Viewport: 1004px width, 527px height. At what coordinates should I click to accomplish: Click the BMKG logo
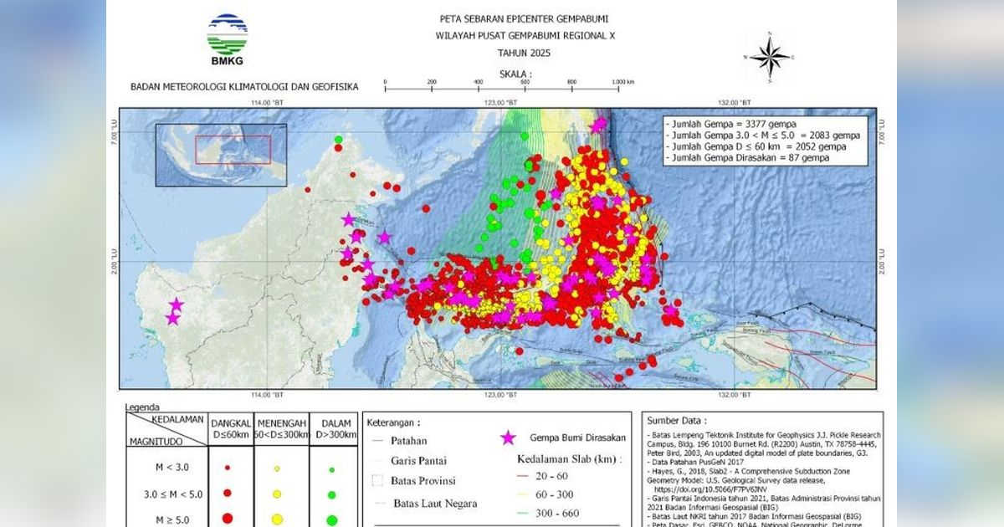(227, 38)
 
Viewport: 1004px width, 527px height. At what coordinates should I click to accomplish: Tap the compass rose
(770, 57)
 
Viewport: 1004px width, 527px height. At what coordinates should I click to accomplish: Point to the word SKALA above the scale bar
(515, 74)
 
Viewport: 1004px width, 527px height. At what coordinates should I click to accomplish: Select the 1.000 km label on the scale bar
(622, 82)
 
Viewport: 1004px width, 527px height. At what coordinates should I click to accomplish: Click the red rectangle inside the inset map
(233, 150)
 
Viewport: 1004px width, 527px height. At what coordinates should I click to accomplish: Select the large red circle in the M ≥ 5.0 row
(227, 519)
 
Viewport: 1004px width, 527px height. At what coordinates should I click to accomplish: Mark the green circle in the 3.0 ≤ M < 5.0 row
(332, 494)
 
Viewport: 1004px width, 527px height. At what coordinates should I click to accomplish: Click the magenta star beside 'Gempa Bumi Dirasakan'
(507, 437)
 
